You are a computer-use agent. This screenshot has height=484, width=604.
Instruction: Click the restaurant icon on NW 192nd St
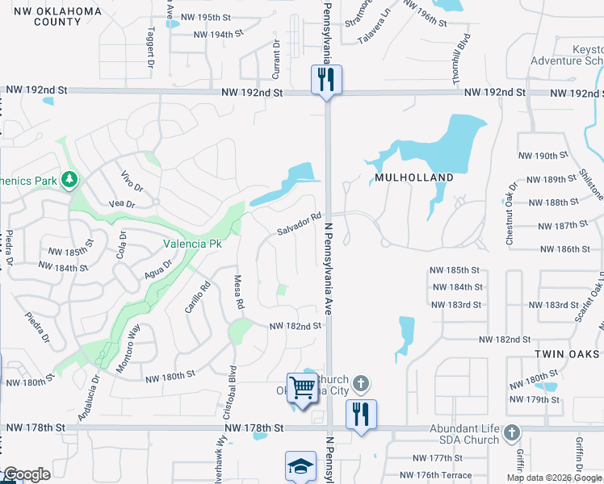tap(326, 79)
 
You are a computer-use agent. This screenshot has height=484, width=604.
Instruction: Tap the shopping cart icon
tap(302, 388)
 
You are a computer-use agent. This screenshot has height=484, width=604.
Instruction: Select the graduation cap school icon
tap(300, 466)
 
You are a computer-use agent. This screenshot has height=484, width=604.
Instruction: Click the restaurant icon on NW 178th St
tap(360, 415)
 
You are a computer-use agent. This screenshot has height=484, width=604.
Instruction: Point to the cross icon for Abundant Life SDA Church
tap(510, 434)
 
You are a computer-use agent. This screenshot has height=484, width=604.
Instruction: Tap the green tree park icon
tap(70, 178)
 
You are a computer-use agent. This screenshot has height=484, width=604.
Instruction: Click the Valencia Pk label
tap(192, 243)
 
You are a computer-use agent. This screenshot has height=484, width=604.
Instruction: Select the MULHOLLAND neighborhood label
tap(413, 177)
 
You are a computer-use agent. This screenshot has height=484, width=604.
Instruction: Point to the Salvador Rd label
tap(300, 224)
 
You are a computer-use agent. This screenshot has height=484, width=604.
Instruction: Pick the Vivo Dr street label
tap(131, 179)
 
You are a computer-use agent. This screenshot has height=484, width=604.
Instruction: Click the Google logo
tap(26, 475)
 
